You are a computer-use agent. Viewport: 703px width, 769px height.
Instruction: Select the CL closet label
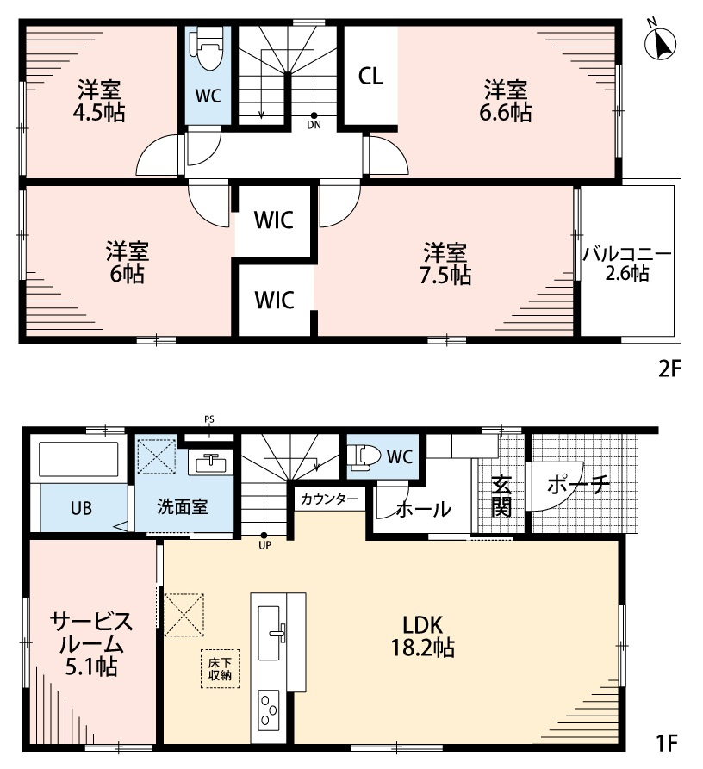pos(370,77)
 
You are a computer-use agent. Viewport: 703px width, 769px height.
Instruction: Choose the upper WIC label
pos(274,220)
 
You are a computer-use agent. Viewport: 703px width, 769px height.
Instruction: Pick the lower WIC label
pos(274,301)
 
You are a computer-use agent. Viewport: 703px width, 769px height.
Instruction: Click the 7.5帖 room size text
pos(446,276)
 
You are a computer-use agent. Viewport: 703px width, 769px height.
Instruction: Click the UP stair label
pos(264,544)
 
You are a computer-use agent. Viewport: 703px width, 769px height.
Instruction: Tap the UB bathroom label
pos(82,507)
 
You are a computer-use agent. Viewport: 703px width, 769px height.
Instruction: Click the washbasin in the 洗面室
pos(209,463)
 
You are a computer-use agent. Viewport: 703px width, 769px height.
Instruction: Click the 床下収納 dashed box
pos(221,668)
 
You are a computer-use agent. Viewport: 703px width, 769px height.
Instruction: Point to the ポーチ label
pos(578,485)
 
